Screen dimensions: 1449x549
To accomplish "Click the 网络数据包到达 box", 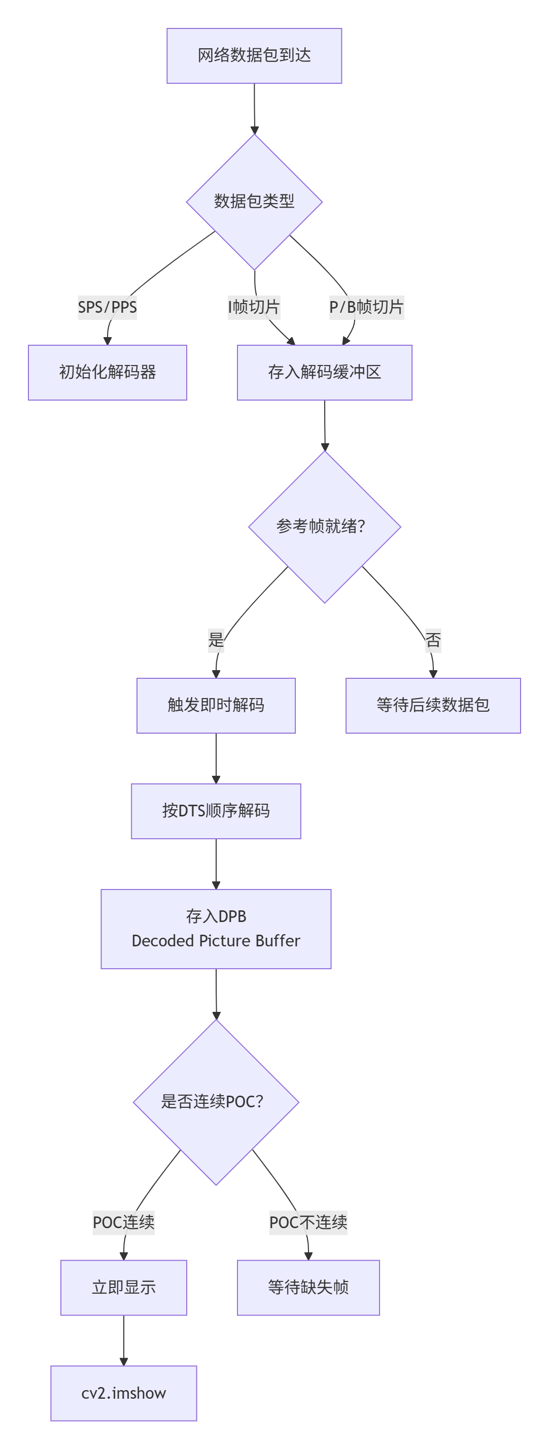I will point(254,56).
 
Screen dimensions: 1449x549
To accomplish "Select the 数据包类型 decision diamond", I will point(254,202).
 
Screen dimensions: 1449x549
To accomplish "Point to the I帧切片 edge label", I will point(253,307).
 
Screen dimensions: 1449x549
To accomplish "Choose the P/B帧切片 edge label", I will point(366,307).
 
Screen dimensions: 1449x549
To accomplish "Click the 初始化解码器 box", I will point(108,372).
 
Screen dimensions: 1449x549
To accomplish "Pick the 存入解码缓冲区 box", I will point(324,372).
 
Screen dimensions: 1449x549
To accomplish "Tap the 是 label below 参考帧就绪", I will point(216,640).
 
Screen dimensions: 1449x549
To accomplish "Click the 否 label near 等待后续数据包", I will point(433,640).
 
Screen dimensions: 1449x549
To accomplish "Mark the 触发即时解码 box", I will point(216,705).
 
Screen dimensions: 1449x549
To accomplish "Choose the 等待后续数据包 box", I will point(433,705).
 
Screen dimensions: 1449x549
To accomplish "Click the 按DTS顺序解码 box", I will point(216,811).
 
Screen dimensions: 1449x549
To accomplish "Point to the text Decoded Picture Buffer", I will point(216,940).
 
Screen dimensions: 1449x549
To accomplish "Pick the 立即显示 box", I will point(124,1288).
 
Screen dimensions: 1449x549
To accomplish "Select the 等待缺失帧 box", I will point(308,1288).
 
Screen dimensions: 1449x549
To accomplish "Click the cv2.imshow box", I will point(124,1393).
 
